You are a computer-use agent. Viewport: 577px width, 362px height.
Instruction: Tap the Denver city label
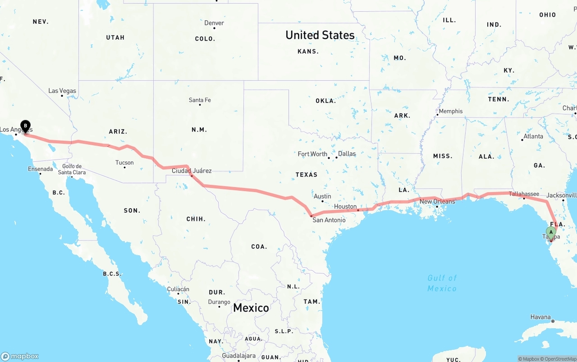214,23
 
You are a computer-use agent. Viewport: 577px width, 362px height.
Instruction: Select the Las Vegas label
62,91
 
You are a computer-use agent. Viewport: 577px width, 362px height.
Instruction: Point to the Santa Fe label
200,100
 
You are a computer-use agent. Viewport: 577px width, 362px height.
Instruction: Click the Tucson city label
124,163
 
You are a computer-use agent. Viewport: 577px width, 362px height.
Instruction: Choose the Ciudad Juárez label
192,171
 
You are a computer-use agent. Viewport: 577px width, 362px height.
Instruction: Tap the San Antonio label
329,220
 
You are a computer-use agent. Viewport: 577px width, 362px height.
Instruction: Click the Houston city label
345,206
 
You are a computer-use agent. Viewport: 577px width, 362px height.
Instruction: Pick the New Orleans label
437,202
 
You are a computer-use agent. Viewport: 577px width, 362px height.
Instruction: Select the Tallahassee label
524,194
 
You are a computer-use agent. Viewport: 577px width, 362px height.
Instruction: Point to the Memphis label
450,111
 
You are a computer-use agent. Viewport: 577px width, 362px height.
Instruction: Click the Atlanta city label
533,136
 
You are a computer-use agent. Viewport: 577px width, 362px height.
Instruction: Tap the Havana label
540,317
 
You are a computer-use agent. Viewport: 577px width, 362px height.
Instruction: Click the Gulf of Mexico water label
442,283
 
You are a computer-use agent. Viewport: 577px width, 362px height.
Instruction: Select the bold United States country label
320,35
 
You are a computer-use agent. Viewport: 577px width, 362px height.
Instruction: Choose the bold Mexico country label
251,308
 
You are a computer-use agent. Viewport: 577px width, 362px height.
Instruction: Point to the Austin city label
322,197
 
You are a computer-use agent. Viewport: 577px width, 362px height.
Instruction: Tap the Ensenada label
41,170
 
